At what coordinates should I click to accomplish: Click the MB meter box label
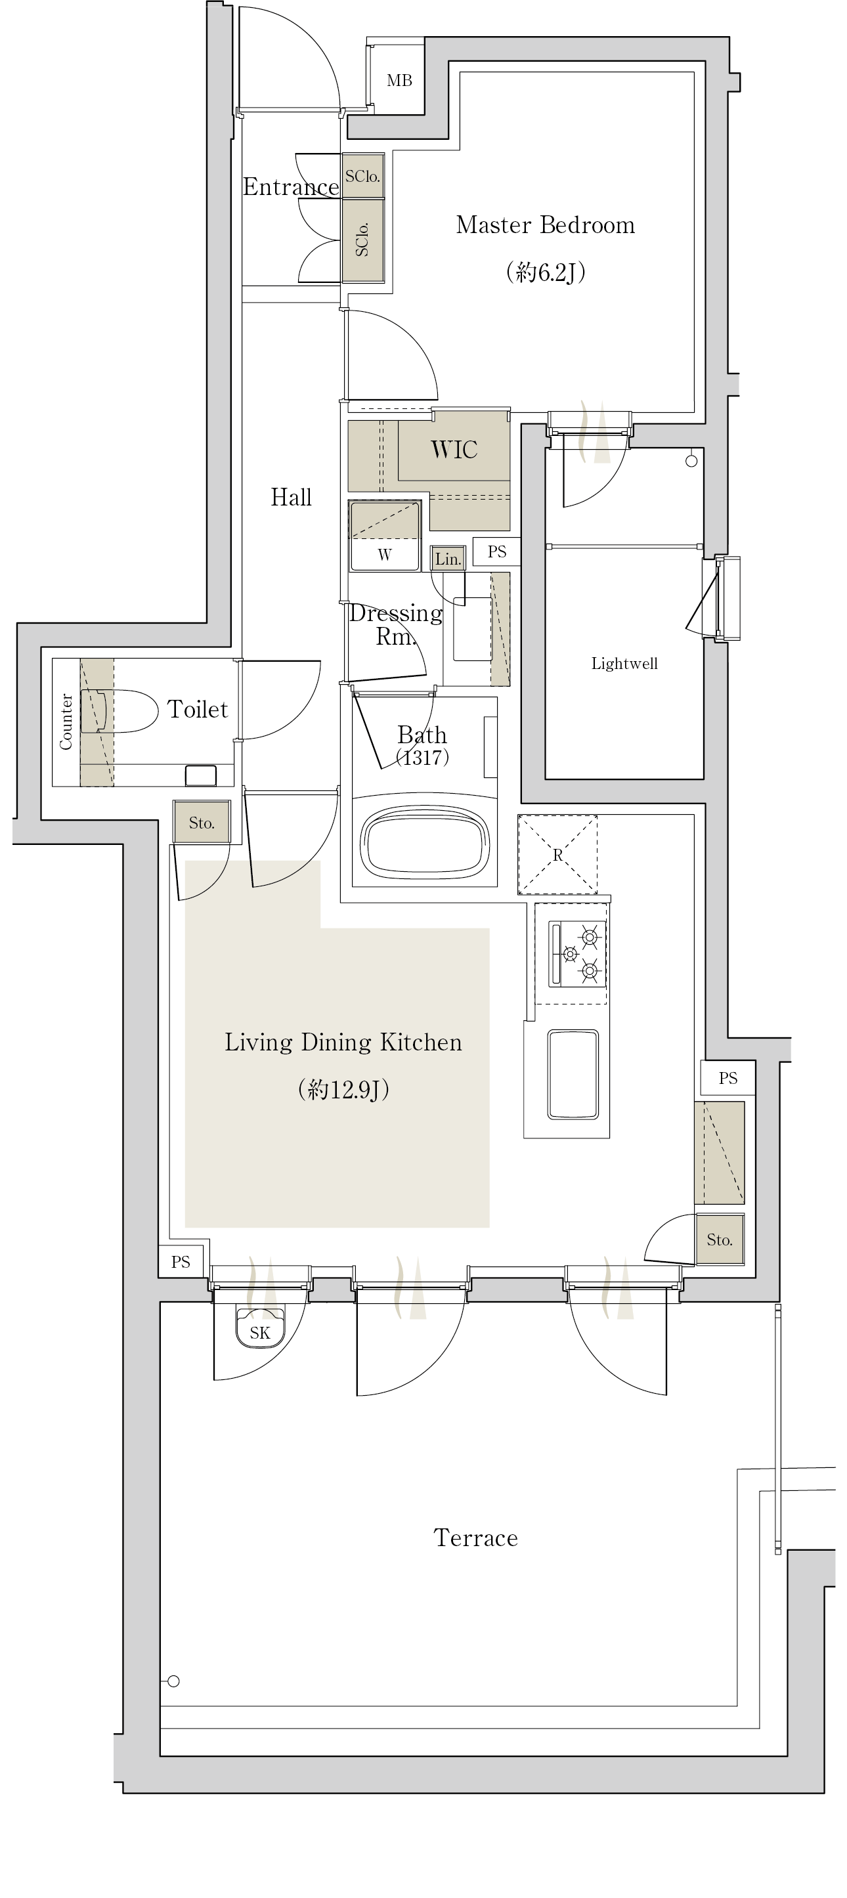(399, 80)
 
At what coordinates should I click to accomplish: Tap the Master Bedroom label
(546, 225)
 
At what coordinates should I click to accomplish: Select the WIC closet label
(454, 450)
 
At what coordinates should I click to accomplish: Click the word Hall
(291, 498)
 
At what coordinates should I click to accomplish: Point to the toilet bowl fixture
(119, 711)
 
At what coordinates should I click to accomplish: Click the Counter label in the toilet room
(66, 722)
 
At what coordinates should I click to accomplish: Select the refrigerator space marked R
(557, 855)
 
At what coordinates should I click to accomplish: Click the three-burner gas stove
(578, 953)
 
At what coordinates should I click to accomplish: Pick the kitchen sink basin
(573, 1073)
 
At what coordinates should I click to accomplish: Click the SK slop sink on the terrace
(259, 1327)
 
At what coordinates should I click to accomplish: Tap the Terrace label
(475, 1538)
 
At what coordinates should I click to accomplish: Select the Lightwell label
(624, 663)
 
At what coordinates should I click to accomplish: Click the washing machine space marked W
(385, 536)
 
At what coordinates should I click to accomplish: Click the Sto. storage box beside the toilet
(202, 822)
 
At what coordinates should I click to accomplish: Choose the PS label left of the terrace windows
(181, 1262)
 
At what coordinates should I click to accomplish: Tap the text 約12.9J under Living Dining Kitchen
(343, 1089)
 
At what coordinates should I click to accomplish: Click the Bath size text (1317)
(422, 757)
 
